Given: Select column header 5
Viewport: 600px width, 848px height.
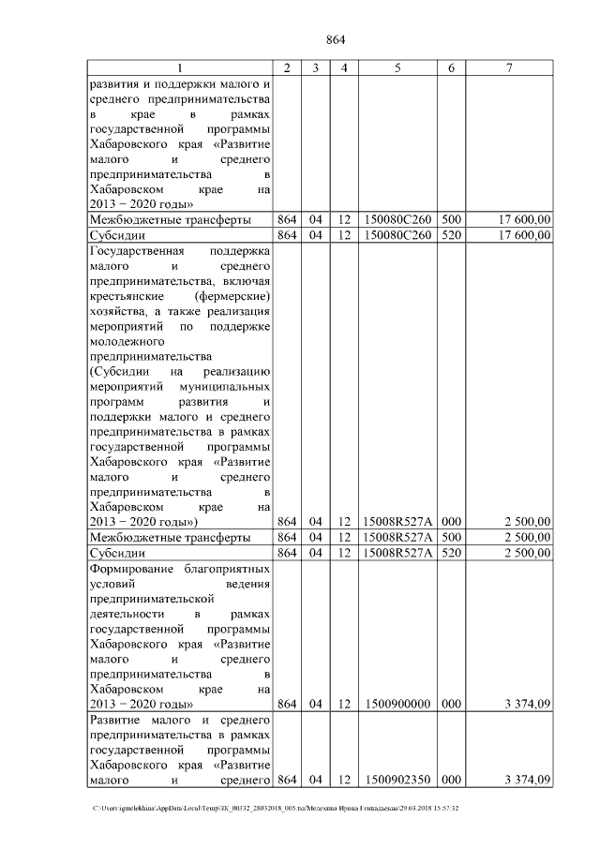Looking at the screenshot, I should (x=397, y=67).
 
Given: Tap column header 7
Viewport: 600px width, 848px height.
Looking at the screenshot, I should (x=509, y=67).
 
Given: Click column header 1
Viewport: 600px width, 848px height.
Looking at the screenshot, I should (x=180, y=67).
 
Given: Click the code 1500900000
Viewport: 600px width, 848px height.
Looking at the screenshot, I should (x=397, y=704).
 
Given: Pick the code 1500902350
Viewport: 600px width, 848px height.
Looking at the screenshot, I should (x=397, y=780).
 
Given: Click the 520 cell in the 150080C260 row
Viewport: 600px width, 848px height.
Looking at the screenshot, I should (x=451, y=234).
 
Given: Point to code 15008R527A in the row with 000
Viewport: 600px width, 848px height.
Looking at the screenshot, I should (x=397, y=522).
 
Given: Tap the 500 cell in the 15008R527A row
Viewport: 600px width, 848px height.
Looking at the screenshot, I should (x=451, y=538).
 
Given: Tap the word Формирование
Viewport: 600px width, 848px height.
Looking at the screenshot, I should (x=129, y=568).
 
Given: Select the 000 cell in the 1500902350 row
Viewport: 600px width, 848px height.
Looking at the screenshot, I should (x=451, y=780).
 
